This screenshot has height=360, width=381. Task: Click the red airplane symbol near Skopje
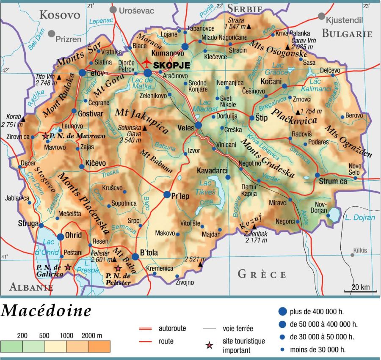tap(147, 62)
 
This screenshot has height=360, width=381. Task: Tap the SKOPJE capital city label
tap(172, 65)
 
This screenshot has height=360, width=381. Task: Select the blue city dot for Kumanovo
tap(185, 47)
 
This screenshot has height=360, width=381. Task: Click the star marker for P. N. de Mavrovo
tap(46, 136)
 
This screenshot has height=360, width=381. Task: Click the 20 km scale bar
tap(360, 291)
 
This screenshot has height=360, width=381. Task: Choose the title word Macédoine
tap(46, 311)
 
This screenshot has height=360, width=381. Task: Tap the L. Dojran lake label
tap(359, 217)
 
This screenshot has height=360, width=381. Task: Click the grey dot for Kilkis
tap(352, 255)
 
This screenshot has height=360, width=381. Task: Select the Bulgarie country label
tap(347, 33)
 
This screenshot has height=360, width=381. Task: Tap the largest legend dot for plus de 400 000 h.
tap(282, 312)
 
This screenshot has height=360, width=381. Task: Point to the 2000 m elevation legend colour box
tap(99, 346)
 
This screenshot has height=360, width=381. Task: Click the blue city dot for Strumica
tap(317, 175)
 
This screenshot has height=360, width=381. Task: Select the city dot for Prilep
tap(167, 195)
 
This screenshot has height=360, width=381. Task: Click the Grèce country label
tap(262, 274)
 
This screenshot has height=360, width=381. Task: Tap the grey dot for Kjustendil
tap(321, 16)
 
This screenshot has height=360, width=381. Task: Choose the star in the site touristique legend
tap(209, 346)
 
